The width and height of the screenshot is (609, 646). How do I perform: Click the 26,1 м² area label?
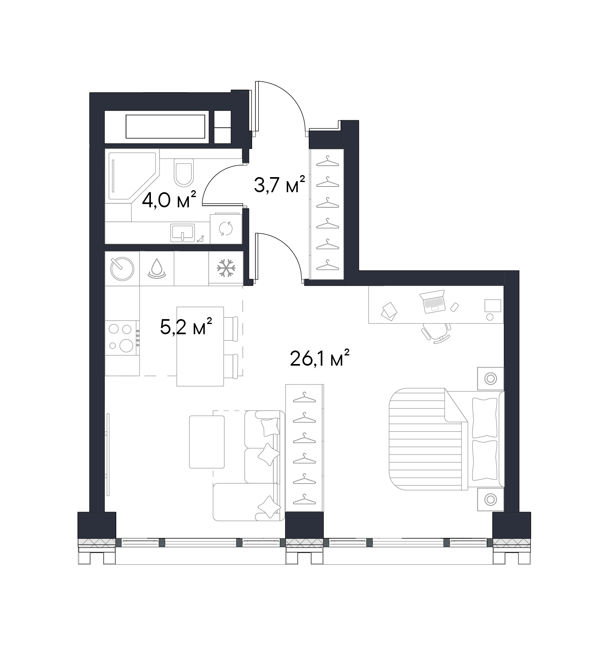(x=320, y=358)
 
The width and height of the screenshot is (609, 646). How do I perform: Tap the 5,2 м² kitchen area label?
(x=186, y=326)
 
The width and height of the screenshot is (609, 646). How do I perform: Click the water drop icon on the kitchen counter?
(x=157, y=269)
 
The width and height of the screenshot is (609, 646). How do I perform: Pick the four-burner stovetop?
(x=122, y=337)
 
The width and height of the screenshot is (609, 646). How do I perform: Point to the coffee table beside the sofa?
(x=207, y=442)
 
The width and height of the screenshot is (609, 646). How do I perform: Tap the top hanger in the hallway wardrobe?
(x=328, y=162)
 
